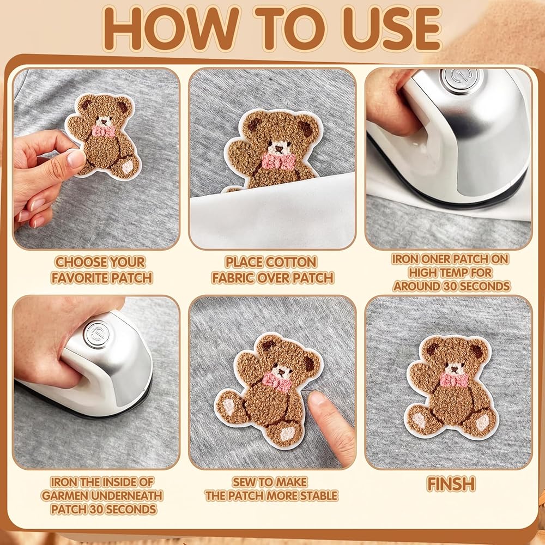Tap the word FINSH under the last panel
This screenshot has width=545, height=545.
click(451, 484)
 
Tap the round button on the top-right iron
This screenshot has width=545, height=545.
click(458, 77)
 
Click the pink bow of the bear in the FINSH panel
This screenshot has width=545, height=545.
click(454, 380)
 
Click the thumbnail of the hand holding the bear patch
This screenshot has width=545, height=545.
click(75, 159)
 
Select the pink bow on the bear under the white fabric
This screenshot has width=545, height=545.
click(278, 161)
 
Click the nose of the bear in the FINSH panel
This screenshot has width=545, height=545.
click(453, 370)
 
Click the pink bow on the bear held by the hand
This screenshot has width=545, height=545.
click(103, 131)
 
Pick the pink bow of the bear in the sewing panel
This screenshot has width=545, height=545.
click(276, 382)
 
